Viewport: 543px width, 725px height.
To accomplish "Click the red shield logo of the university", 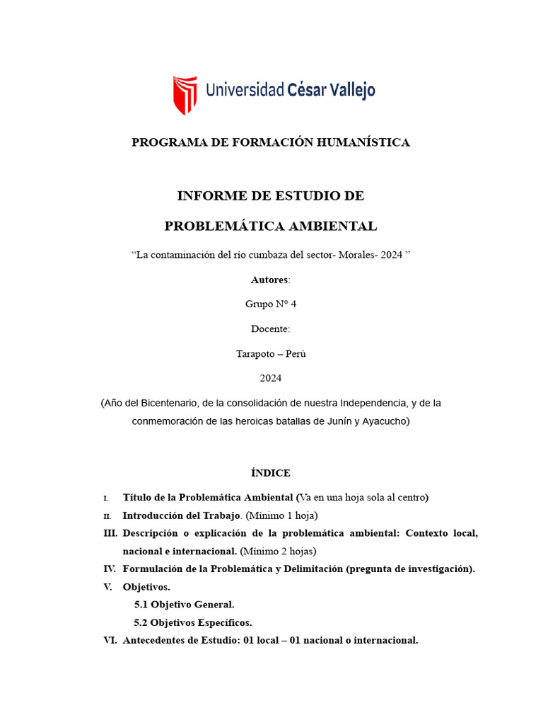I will click(x=185, y=95).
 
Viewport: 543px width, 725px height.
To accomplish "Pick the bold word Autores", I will click(x=269, y=280).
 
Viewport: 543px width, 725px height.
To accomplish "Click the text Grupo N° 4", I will click(x=271, y=304).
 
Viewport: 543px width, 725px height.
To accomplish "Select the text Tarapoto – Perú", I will click(x=271, y=354).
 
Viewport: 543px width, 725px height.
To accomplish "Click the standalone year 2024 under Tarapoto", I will click(x=271, y=378).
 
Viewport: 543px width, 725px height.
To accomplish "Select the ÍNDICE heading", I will click(x=271, y=473).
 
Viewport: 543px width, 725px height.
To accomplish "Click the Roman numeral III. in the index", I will click(x=110, y=532).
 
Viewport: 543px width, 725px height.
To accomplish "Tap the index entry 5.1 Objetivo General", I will click(x=184, y=605).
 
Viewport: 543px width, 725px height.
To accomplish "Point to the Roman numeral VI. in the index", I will click(x=110, y=640).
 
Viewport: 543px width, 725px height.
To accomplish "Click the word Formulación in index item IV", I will click(x=151, y=569).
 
